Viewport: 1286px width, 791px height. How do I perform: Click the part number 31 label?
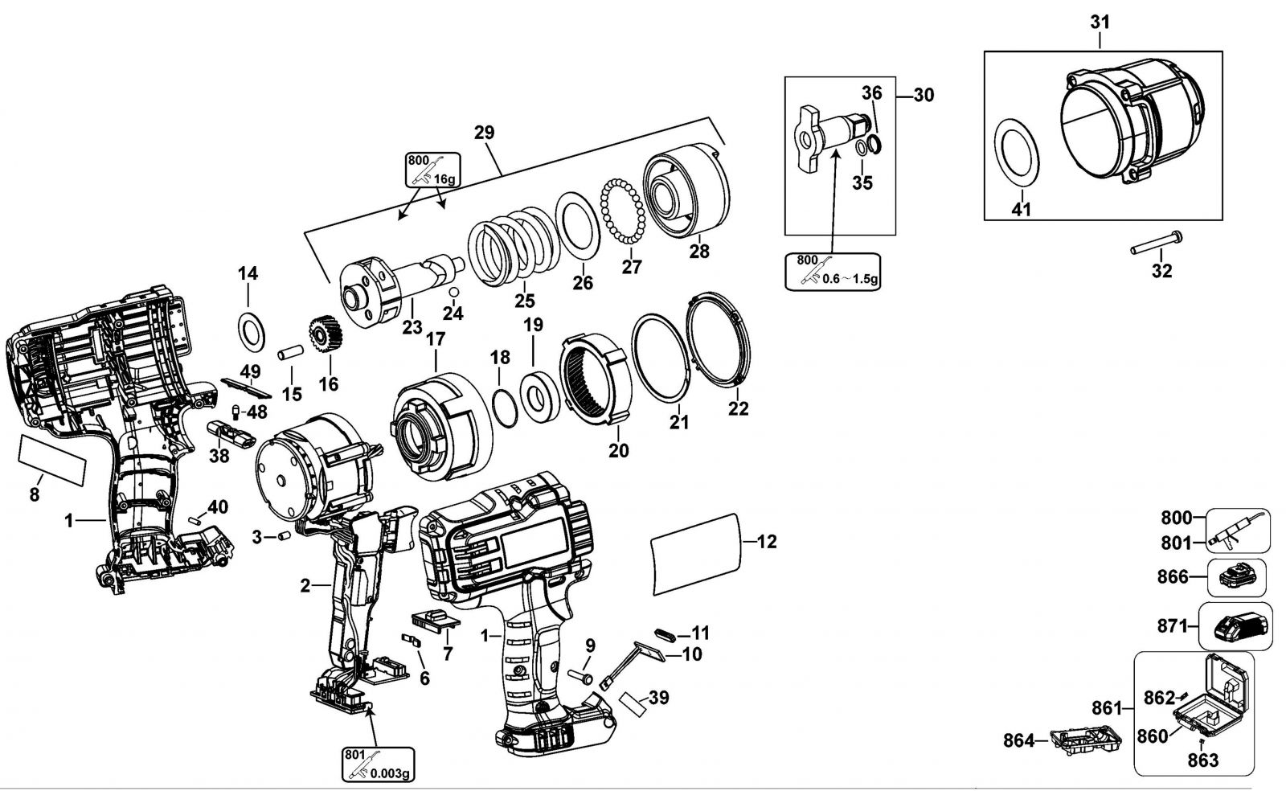click(x=1100, y=23)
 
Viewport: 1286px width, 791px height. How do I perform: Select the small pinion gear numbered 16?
click(x=326, y=335)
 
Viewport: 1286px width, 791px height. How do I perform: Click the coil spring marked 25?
click(x=514, y=248)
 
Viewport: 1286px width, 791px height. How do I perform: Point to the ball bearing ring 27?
click(x=623, y=211)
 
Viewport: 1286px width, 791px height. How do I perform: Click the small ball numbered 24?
click(x=453, y=292)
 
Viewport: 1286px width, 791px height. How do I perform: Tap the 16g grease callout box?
click(x=433, y=170)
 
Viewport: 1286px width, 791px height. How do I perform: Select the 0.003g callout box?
click(x=379, y=764)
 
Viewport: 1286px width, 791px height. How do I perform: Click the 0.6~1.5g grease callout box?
click(x=833, y=272)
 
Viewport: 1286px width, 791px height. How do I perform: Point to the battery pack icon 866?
click(x=1237, y=578)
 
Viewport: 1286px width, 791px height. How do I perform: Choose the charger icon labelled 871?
click(x=1235, y=626)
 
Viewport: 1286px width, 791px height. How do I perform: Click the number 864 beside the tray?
click(x=1018, y=740)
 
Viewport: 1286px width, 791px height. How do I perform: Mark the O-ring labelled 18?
click(x=506, y=408)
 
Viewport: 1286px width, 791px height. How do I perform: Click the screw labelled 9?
click(x=580, y=676)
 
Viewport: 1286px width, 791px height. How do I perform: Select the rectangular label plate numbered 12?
click(x=695, y=555)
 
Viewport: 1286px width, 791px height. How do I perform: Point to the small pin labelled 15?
click(x=290, y=352)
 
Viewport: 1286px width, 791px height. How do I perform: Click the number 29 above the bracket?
click(x=484, y=133)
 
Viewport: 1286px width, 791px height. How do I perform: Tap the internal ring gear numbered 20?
click(x=596, y=379)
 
